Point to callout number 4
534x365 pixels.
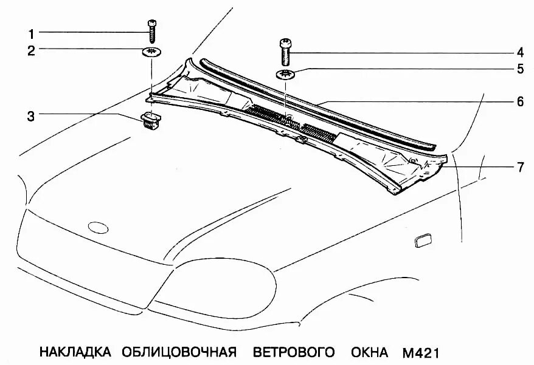tap(521, 52)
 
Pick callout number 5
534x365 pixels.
tap(521, 69)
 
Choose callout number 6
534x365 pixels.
tap(521, 101)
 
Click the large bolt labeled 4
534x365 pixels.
tap(286, 52)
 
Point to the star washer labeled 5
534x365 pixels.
tap(286, 75)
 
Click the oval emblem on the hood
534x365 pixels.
tap(98, 227)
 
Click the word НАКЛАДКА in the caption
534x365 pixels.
tap(75, 352)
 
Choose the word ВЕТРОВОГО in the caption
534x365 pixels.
tap(294, 352)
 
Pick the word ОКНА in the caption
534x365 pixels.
tap(372, 352)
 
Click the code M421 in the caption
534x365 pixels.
tap(420, 352)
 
